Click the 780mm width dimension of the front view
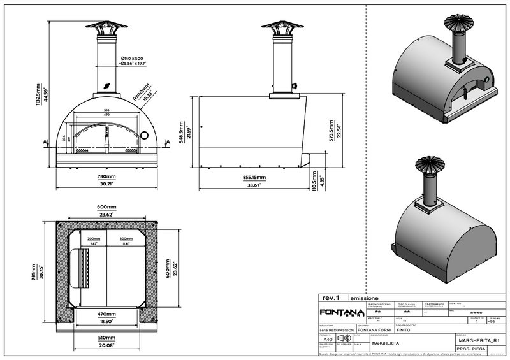click(x=106, y=176)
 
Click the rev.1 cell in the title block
click(x=331, y=298)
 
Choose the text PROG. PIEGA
click(x=472, y=350)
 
